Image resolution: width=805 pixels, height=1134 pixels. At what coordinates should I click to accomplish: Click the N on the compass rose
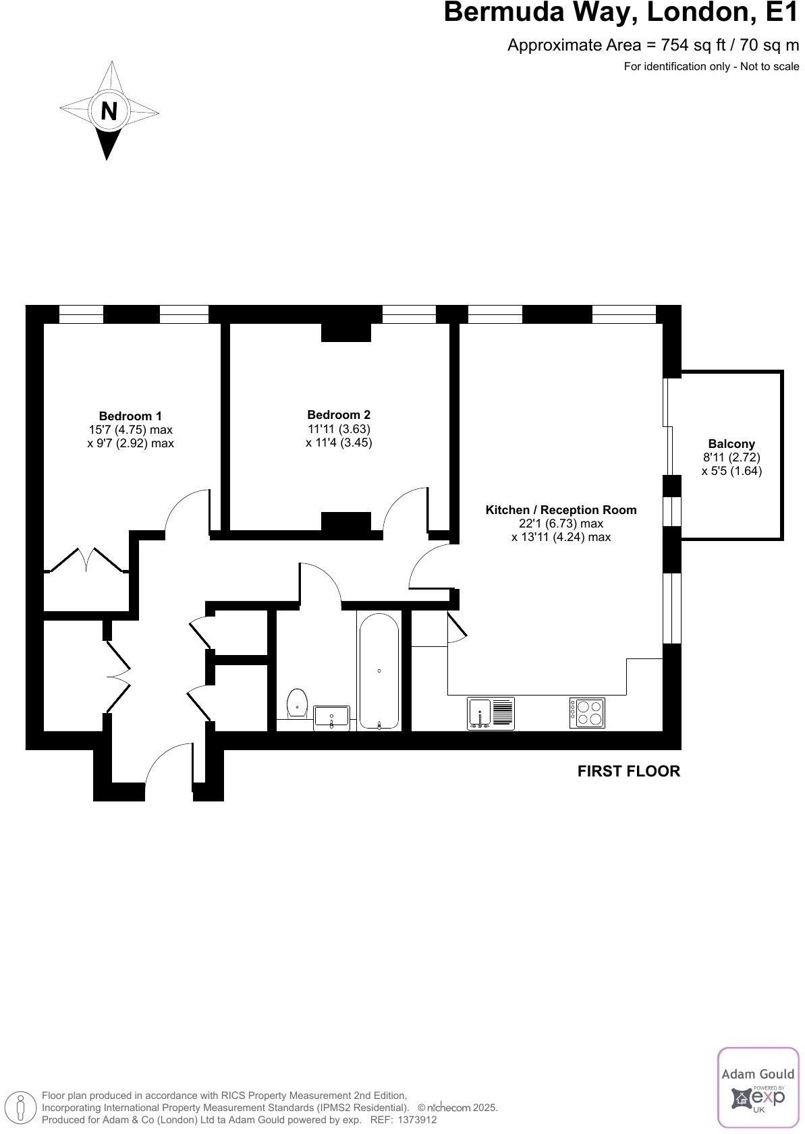pos(109,110)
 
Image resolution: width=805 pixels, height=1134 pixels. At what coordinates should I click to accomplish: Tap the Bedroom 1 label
pos(130,416)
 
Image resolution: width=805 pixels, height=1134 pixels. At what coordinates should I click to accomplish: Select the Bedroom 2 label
pos(339,415)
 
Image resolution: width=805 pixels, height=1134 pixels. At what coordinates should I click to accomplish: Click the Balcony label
pos(731,444)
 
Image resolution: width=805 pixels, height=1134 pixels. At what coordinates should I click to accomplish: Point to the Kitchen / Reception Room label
pos(561,510)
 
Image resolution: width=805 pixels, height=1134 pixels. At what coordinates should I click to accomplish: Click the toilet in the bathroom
pos(296,702)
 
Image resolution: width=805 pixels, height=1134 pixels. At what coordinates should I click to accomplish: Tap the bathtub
pos(379,671)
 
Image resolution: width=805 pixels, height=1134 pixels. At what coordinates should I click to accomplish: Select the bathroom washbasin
pos(332,718)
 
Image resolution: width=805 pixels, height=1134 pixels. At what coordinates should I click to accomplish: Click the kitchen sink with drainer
pos(491,714)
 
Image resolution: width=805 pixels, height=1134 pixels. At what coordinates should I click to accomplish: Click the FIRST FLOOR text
pos(629,771)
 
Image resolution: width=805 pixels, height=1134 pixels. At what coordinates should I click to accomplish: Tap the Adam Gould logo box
pos(758,1087)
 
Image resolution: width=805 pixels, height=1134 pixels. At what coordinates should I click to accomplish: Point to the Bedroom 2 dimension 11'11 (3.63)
pos(339,429)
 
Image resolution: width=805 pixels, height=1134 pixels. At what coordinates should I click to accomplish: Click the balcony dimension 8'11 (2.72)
pos(731,457)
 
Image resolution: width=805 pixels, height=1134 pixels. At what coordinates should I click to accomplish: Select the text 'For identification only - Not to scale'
pos(711,66)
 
